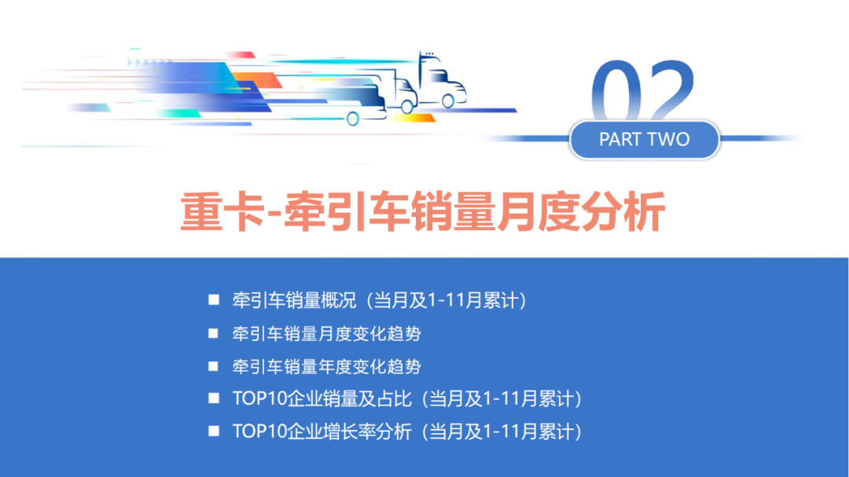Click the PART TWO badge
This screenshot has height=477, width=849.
tap(644, 140)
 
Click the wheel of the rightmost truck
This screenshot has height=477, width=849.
tap(449, 101)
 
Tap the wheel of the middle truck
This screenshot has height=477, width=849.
tap(406, 108)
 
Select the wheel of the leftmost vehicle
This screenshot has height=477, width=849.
tap(353, 119)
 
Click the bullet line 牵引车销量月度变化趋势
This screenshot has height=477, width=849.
tap(326, 334)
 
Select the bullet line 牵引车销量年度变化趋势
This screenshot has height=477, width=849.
tap(326, 367)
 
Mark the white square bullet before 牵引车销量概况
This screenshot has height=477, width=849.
tap(213, 300)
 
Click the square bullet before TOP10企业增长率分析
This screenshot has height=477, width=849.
tap(213, 431)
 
